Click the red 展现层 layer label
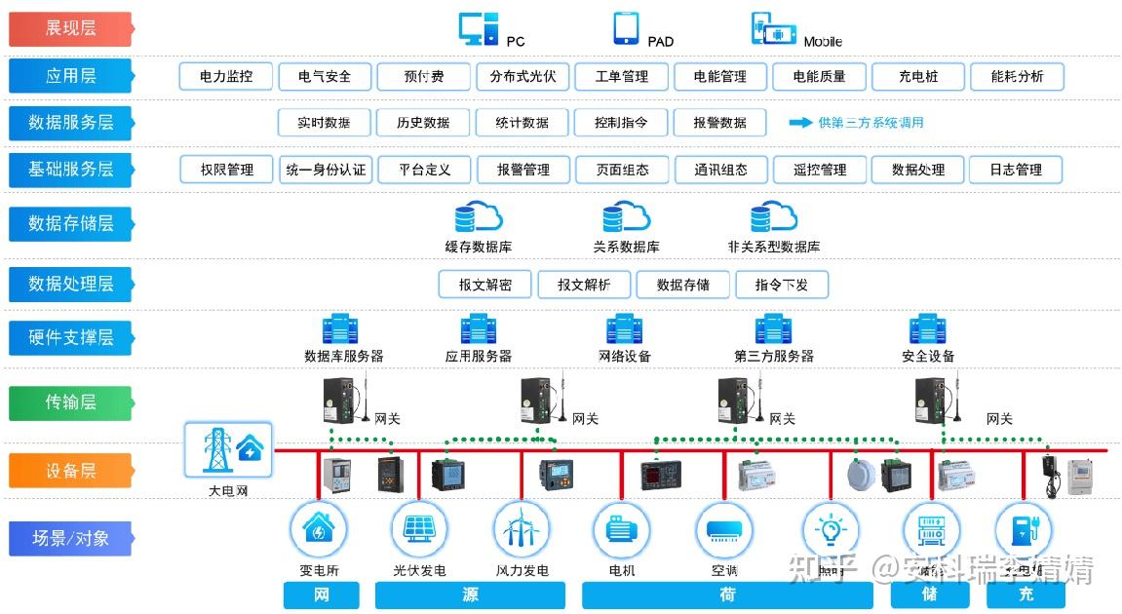coord(70,28)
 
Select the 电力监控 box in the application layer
coord(225,76)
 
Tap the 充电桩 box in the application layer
coord(917,76)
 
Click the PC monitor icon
coord(479,29)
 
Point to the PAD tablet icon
coord(626,29)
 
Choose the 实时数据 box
coord(324,122)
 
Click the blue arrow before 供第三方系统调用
coord(800,122)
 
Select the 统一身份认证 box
coord(326,169)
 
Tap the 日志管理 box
coord(1016,169)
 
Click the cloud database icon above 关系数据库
coord(625,216)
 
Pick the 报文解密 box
coord(484,285)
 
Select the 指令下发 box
coord(780,285)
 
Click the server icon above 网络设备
coord(624,328)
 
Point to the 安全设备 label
coord(928,356)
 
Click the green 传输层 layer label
coord(70,403)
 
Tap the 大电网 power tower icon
coord(228,449)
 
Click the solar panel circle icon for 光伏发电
coord(419,529)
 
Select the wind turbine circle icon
coord(522,529)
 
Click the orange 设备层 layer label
coord(70,471)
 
